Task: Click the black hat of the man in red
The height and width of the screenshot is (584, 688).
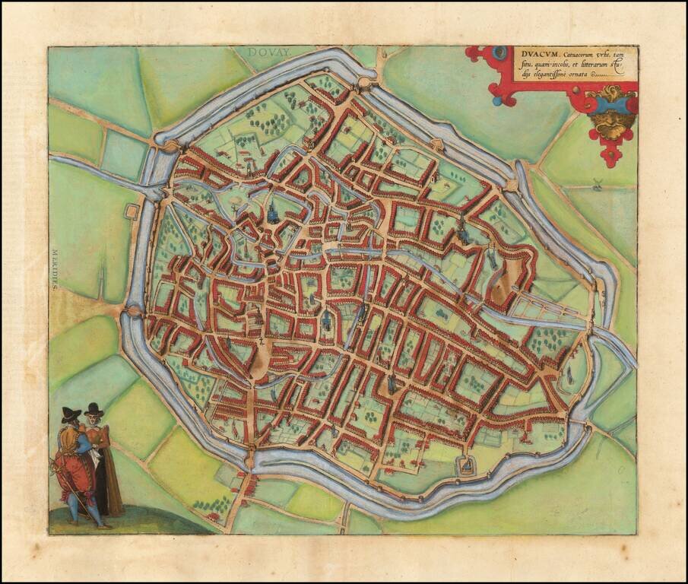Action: (x=71, y=413)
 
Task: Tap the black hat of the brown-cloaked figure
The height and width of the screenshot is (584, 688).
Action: (x=94, y=409)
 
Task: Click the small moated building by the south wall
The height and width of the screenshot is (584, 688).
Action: (x=464, y=463)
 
